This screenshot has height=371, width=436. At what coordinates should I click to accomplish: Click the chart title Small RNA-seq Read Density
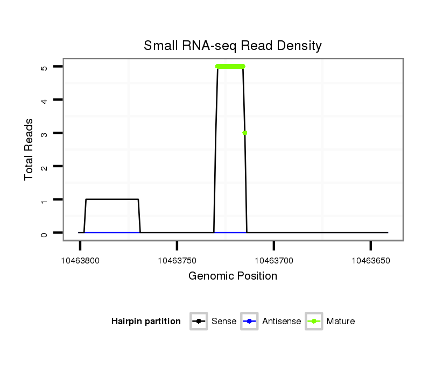click(x=233, y=46)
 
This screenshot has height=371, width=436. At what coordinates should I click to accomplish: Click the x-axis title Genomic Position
click(x=233, y=276)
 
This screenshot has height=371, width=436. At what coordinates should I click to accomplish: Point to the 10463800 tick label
click(x=80, y=261)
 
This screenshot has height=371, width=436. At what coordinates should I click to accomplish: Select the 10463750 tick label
click(x=177, y=261)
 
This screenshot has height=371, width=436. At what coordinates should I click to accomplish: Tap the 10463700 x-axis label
click(x=274, y=261)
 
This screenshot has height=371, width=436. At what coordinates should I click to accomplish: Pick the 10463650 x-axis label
click(x=370, y=261)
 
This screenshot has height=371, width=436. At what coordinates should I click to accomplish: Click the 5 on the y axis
click(x=44, y=67)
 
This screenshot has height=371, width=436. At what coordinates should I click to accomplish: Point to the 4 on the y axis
click(x=44, y=101)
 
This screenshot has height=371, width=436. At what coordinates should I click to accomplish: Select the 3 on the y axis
click(x=44, y=133)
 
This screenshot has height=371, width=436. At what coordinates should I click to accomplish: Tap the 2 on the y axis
click(x=44, y=167)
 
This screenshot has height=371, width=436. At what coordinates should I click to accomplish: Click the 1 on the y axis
click(x=44, y=200)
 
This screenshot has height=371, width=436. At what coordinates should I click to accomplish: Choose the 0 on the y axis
click(x=44, y=233)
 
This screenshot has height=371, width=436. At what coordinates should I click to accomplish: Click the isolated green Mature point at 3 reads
click(x=245, y=133)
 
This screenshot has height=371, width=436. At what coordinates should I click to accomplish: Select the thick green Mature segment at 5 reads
click(x=230, y=67)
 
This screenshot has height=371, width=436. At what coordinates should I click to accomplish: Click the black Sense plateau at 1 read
click(x=112, y=199)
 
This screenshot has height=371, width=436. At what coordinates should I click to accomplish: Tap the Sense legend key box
click(x=199, y=322)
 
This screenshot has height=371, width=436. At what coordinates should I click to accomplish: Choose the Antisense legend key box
click(x=249, y=322)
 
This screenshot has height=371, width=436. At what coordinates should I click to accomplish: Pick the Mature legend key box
click(x=313, y=322)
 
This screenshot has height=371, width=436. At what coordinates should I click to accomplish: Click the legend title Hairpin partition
click(x=146, y=322)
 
